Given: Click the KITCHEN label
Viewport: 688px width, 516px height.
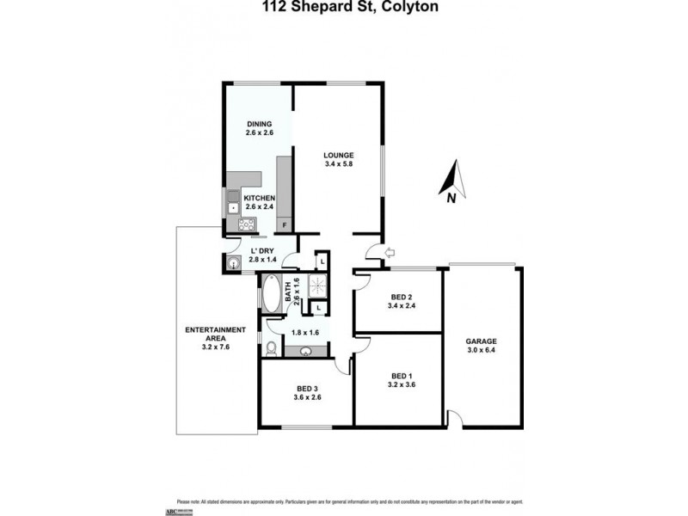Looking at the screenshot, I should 260,198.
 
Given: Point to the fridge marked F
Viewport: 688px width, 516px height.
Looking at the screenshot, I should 285,224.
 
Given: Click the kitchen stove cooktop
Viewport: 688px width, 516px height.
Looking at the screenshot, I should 247,226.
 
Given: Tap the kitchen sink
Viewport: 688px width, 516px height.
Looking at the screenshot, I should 232,207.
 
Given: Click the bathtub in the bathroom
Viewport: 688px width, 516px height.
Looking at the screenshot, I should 271,295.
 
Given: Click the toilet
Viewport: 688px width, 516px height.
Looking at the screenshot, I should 271,347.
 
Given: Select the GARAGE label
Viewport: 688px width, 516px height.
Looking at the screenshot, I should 481,340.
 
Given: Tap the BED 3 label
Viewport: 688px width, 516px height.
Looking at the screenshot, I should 306,388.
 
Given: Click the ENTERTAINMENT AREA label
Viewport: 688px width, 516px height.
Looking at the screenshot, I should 216,335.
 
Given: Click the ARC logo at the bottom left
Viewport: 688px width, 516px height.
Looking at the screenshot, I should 185,510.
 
